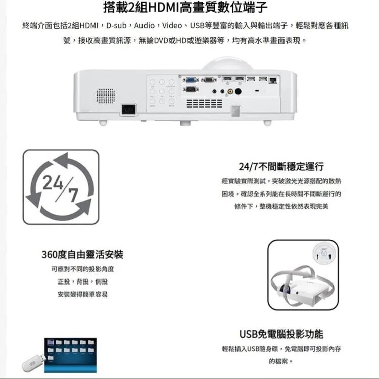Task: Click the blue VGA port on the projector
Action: point(191,79)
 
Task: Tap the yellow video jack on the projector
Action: point(230,92)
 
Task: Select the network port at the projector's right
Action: point(273,79)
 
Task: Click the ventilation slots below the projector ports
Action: point(204,103)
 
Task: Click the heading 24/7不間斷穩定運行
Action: point(281,167)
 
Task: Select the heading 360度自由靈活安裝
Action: point(82,254)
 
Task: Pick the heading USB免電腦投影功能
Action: point(281,334)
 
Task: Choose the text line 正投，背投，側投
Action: point(82,281)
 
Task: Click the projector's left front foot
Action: point(103,122)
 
